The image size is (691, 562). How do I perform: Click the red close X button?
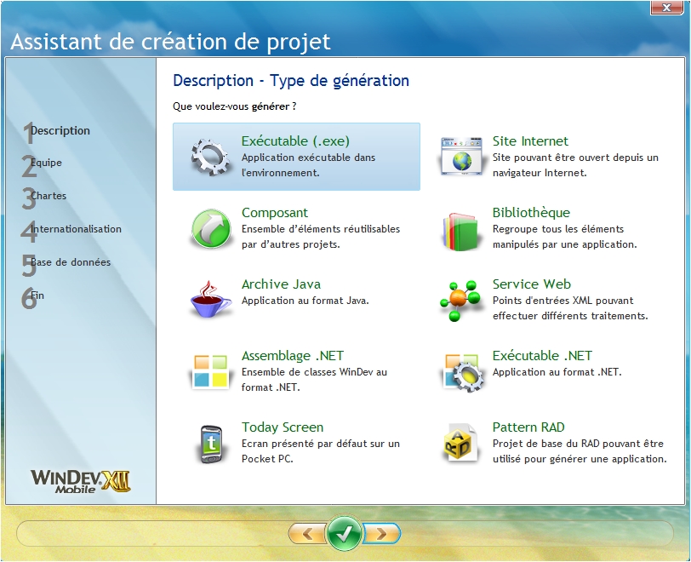coord(667,8)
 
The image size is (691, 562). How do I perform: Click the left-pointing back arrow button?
coord(306,534)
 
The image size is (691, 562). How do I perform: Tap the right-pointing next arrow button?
coord(381,534)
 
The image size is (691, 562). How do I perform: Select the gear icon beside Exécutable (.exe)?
coord(210,157)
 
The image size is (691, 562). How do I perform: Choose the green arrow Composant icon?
coord(211,228)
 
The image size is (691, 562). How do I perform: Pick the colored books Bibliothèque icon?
coord(460,232)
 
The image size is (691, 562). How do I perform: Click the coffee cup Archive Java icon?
coord(210,299)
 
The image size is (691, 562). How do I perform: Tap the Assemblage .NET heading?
coord(293,356)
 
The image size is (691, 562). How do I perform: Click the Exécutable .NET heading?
coord(542,356)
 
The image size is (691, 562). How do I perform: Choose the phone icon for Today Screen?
coord(211,444)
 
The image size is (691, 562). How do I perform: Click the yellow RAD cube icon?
coord(460,444)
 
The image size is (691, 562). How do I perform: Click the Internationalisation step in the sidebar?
coord(71,230)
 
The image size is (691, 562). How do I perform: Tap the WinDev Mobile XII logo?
coord(80,481)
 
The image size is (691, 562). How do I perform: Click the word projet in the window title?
coord(298,43)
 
